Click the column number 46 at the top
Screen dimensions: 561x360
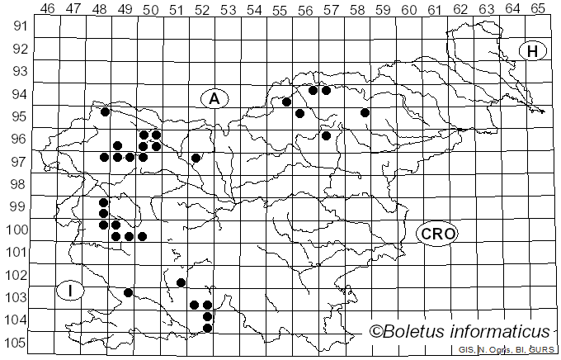pos(47,8)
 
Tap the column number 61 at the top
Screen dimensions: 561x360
pos(434,8)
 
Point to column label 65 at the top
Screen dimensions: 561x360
pos(537,8)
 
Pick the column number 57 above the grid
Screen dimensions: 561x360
pos(331,8)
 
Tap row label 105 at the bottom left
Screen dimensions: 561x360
pos(18,343)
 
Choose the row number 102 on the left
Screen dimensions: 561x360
pos(18,275)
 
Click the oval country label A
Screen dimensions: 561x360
pos(214,99)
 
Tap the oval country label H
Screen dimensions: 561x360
pos(533,51)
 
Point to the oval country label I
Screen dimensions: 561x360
pos(71,290)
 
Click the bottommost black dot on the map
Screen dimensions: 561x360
pos(207,328)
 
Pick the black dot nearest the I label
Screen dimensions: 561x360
pos(128,292)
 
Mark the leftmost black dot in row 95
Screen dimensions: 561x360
pos(105,111)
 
